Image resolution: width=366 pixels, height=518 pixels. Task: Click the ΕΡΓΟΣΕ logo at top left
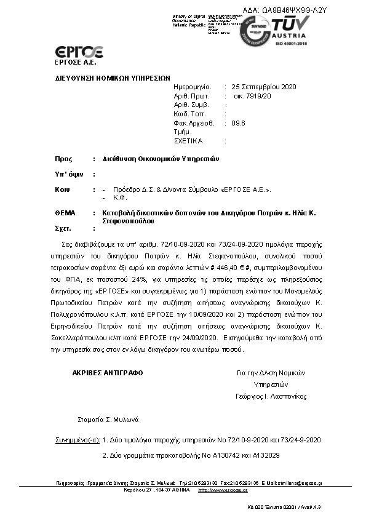click(79, 52)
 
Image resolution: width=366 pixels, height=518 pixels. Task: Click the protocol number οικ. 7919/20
click(252, 96)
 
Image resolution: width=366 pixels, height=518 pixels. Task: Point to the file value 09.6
click(239, 123)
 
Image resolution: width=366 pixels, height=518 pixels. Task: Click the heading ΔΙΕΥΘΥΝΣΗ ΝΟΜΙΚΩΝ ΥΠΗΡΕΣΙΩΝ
click(113, 79)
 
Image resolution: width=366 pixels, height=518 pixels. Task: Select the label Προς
click(64, 159)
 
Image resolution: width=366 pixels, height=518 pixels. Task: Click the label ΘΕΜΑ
click(65, 213)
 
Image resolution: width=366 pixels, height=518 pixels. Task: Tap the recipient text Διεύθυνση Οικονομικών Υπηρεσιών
click(161, 159)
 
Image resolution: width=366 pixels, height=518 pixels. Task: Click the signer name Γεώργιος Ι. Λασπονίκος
click(271, 396)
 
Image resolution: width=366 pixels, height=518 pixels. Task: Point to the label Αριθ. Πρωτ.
click(192, 96)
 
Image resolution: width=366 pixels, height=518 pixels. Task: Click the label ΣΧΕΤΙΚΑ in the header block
click(188, 141)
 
